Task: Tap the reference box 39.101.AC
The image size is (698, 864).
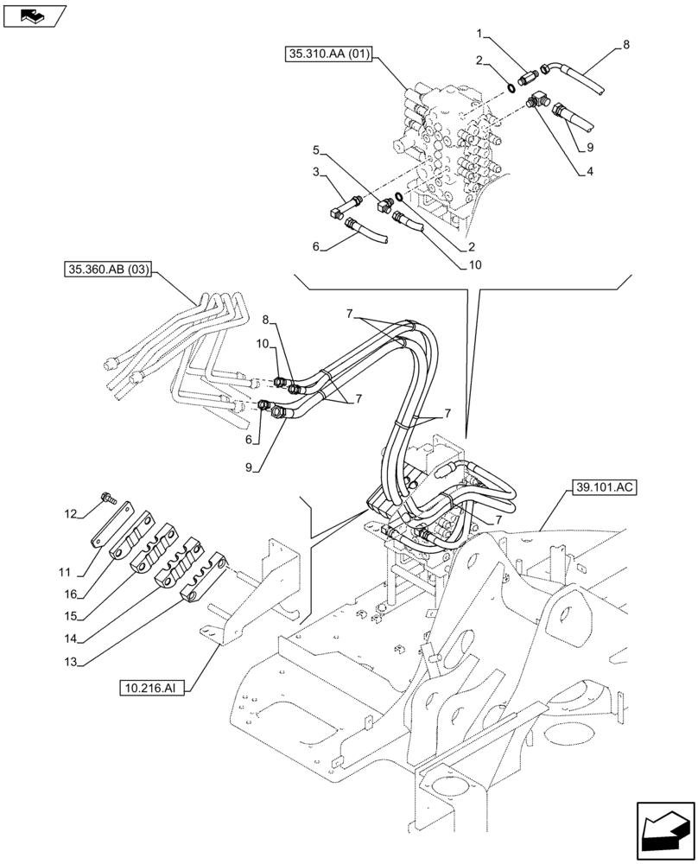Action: (603, 488)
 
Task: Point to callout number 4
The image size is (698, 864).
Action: (588, 171)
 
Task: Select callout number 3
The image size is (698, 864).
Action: (317, 172)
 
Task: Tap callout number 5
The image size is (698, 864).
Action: (316, 148)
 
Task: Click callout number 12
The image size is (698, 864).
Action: (72, 515)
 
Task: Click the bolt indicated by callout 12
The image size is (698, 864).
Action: (110, 499)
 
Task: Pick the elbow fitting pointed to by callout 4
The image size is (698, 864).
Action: (537, 101)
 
